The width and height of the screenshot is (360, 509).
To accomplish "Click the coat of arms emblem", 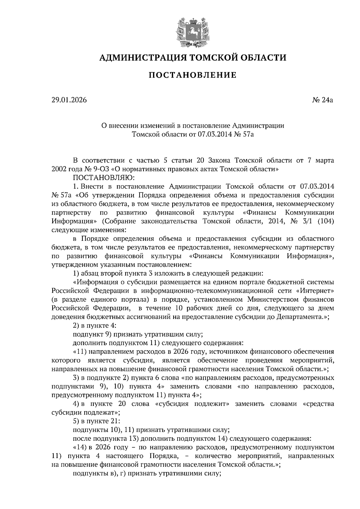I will point(192,34).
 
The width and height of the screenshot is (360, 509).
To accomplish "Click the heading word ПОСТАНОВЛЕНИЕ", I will point(193,75).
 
